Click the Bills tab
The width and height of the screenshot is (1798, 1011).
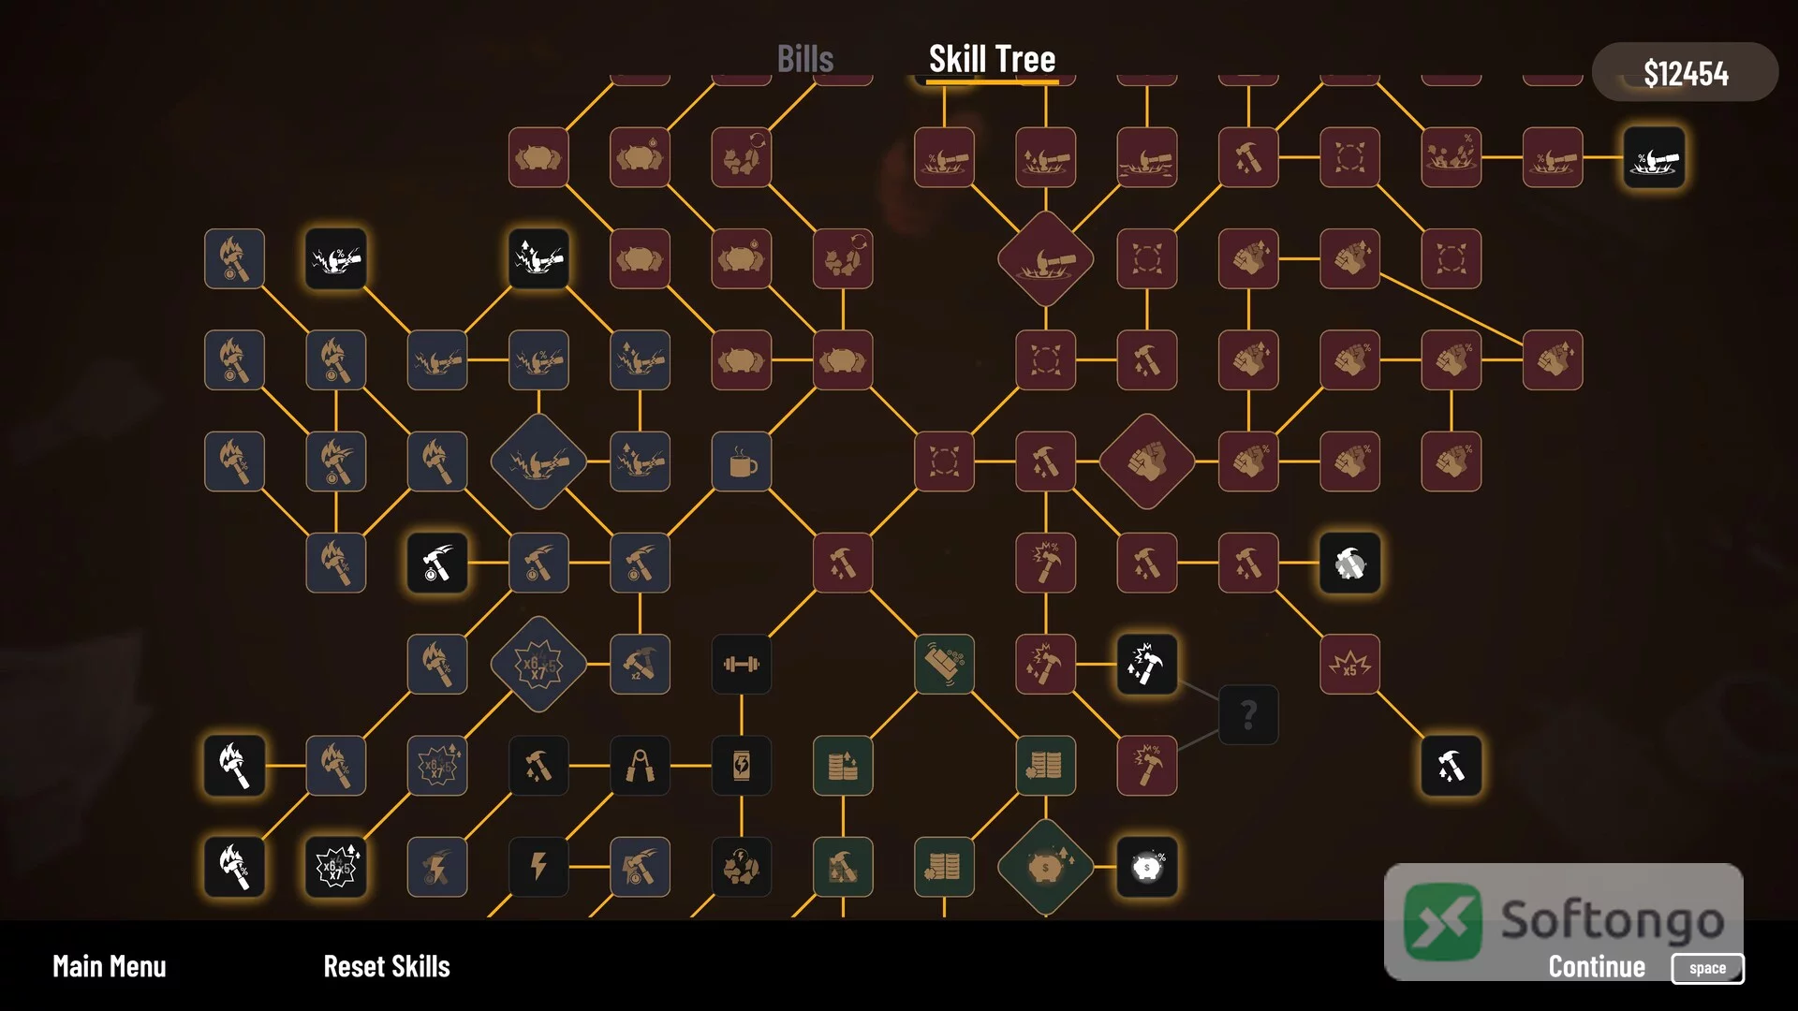tap(805, 59)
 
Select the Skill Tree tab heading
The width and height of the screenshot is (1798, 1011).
tap(992, 59)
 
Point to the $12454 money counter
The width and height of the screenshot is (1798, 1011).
tap(1686, 73)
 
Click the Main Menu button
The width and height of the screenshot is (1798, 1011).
tap(110, 966)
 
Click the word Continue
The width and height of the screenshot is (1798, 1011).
tap(1597, 966)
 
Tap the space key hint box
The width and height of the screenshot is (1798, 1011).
tap(1707, 968)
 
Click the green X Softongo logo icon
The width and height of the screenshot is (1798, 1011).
tap(1443, 922)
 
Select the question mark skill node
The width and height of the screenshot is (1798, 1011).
tap(1248, 715)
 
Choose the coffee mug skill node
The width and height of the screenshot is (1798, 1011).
tap(742, 462)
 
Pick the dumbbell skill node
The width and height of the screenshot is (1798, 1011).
tap(742, 665)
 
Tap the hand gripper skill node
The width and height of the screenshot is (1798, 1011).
tap(641, 766)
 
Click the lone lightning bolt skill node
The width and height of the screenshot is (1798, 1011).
tap(538, 867)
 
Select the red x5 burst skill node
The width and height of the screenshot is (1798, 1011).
tap(1349, 665)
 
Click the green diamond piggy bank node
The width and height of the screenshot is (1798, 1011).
tap(1046, 867)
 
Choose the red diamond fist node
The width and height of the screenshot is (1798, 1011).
tap(1147, 462)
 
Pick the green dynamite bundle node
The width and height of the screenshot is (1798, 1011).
tap(944, 665)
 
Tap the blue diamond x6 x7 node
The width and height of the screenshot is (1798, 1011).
tap(538, 665)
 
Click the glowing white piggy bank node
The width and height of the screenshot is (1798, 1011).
tap(1147, 867)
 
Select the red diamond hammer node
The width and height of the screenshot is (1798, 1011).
tap(1046, 258)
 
